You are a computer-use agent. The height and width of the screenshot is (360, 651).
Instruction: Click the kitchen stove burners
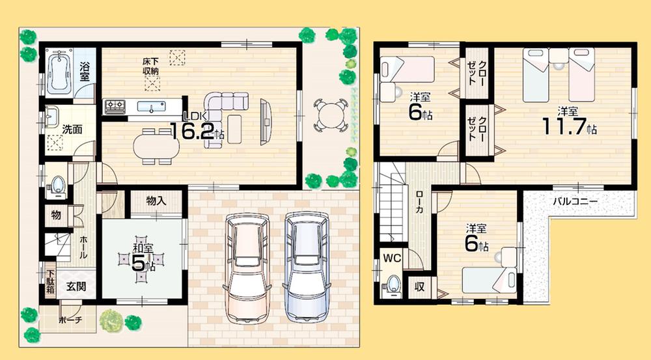115,106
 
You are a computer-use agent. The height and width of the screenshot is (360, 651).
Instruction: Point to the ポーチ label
70,320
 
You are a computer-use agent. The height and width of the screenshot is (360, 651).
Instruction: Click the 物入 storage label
156,201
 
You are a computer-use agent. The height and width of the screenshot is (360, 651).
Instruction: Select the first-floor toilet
57,184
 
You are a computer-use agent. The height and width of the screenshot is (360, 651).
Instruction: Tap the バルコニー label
575,201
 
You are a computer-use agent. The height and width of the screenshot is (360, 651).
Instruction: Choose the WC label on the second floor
391,257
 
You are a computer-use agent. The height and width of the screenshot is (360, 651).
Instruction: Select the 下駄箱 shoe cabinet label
50,277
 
